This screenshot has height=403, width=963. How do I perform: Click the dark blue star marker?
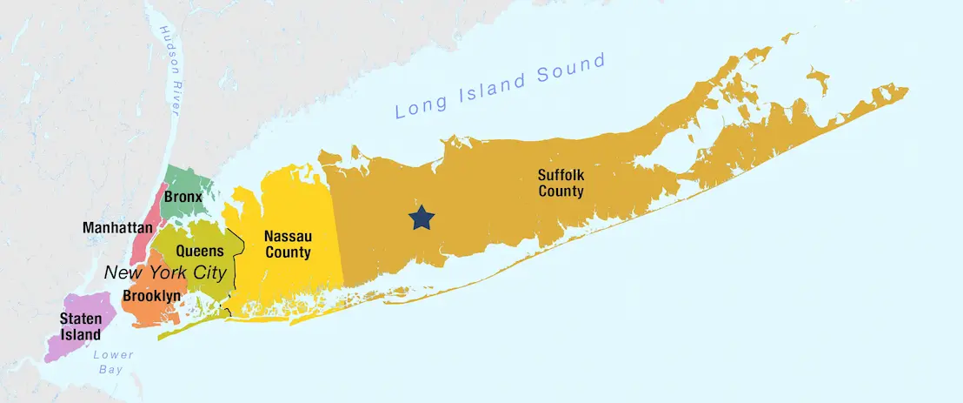click(x=422, y=218)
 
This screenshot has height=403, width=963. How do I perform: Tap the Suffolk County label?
click(x=561, y=183)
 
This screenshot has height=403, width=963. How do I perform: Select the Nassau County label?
click(x=288, y=245)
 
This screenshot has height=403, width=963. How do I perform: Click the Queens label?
click(x=200, y=251)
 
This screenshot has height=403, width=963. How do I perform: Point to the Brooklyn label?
click(x=151, y=296)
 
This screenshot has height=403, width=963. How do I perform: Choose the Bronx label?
click(x=183, y=197)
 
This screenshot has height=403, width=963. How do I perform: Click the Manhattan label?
click(x=116, y=228)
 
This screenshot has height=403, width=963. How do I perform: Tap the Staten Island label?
click(x=80, y=326)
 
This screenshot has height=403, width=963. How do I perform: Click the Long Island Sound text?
click(x=500, y=86)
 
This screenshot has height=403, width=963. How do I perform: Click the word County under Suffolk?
click(x=561, y=191)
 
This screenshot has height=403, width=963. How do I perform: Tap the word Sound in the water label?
click(x=570, y=71)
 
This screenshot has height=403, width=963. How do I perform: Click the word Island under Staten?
click(x=80, y=334)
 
